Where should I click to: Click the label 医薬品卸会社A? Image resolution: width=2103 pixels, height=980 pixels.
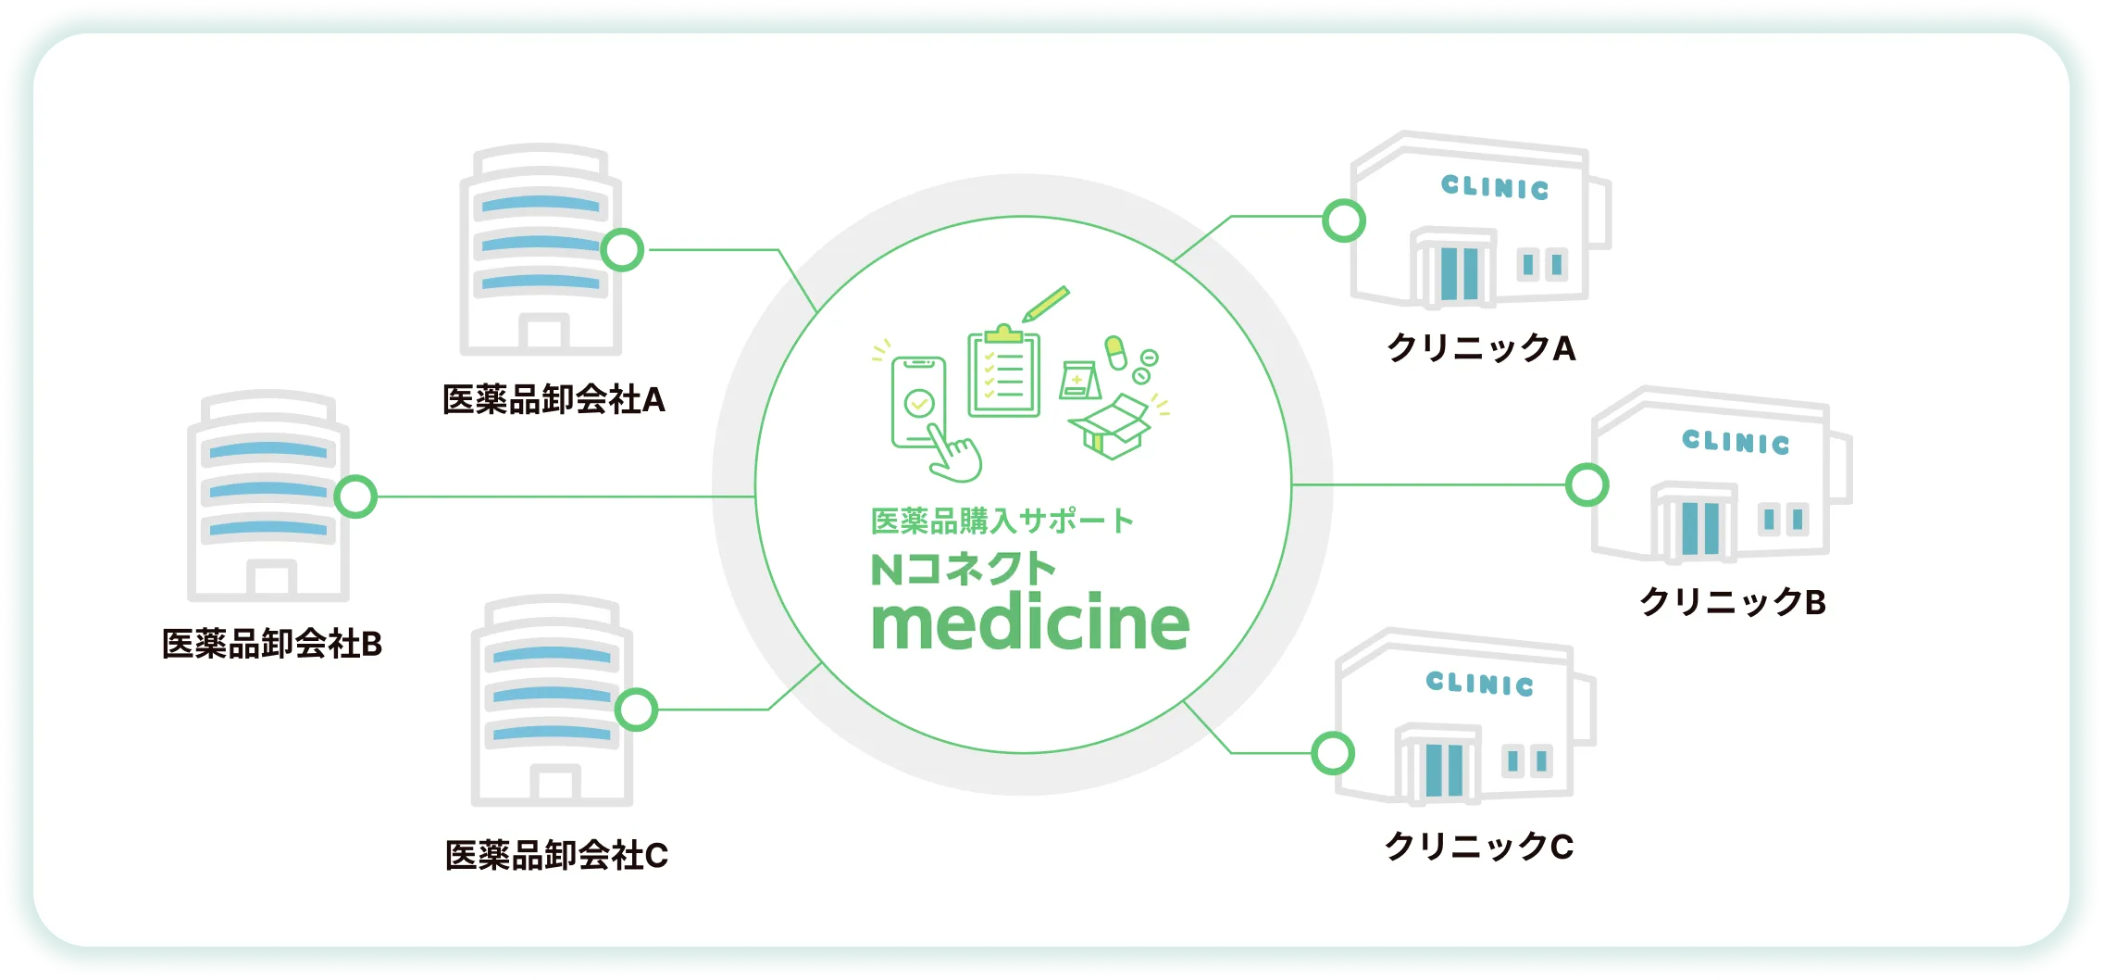[x=554, y=400]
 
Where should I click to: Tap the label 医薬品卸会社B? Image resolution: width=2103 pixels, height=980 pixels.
[x=272, y=644]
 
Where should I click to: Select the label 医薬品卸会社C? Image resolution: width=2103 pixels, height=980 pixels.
[x=556, y=855]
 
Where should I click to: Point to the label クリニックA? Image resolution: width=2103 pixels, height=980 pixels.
[x=1480, y=348]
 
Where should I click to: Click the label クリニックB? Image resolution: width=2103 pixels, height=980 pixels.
[x=1732, y=602]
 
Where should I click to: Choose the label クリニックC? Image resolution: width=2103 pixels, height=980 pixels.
[x=1478, y=846]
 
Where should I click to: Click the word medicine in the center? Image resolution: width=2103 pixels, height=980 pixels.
[x=1030, y=623]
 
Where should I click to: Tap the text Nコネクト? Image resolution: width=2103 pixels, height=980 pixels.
[x=963, y=569]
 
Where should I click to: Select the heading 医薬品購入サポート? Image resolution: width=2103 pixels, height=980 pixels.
[x=1002, y=521]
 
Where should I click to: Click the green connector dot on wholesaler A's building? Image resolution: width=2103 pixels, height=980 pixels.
[x=622, y=250]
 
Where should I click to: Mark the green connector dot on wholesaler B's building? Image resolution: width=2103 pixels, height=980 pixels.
[x=355, y=496]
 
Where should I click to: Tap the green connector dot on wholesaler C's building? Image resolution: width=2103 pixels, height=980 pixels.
[x=636, y=710]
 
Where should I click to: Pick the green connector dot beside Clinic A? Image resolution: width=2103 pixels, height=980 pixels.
[x=1344, y=221]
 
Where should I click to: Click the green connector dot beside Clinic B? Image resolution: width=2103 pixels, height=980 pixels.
[x=1587, y=485]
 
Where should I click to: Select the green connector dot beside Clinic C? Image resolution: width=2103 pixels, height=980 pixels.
[x=1333, y=753]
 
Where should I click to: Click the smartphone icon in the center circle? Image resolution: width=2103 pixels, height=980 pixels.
[x=918, y=404]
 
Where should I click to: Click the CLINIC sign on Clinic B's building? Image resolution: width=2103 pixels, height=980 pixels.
[x=1736, y=442]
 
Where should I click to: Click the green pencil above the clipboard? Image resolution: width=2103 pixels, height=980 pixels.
[x=1046, y=304]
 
